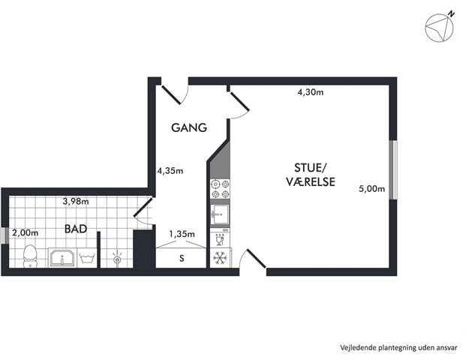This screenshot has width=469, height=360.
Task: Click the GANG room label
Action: click(189, 127)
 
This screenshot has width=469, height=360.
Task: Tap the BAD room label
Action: click(76, 229)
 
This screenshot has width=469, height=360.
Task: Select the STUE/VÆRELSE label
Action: click(311, 175)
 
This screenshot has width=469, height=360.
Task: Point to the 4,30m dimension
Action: click(311, 92)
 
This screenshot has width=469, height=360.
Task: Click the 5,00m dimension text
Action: click(371, 189)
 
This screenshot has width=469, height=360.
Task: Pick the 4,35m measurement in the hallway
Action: click(170, 171)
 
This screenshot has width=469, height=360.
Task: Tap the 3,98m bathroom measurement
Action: click(76, 202)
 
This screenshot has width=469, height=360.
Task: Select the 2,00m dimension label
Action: click(25, 232)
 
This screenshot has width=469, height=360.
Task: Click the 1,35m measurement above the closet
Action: click(182, 234)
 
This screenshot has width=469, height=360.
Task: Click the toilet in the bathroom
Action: click(29, 256)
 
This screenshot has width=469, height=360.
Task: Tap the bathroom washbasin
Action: click(62, 258)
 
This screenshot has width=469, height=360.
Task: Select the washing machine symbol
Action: click(87, 258)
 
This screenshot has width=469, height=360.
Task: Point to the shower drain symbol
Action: click(117, 257)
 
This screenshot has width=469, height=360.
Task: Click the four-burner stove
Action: click(220, 189)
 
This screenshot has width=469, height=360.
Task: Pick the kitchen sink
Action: click(220, 214)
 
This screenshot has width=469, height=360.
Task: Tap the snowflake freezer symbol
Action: click(220, 258)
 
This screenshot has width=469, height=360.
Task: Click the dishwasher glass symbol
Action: click(220, 239)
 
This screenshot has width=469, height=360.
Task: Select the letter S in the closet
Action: click(182, 258)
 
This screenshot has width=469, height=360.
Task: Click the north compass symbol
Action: click(440, 27)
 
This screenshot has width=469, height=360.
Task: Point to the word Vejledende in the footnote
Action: click(358, 348)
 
